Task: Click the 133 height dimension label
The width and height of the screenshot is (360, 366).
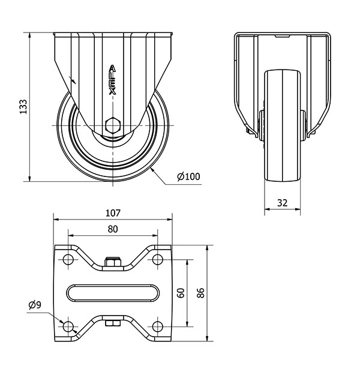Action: pyautogui.click(x=23, y=107)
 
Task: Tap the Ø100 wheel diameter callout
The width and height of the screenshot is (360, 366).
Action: pyautogui.click(x=188, y=176)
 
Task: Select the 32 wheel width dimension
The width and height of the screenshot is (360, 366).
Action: pyautogui.click(x=282, y=203)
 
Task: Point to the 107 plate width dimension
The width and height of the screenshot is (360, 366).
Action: pyautogui.click(x=113, y=213)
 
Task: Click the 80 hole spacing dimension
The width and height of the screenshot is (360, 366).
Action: pyautogui.click(x=113, y=229)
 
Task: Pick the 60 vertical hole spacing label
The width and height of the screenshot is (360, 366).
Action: pyautogui.click(x=181, y=293)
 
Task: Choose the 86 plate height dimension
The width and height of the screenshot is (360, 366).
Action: pyautogui.click(x=200, y=293)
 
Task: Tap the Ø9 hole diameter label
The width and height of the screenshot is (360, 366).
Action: pyautogui.click(x=35, y=305)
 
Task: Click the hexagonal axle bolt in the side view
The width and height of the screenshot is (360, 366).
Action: pyautogui.click(x=113, y=125)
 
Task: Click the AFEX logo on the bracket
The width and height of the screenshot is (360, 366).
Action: pyautogui.click(x=113, y=80)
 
